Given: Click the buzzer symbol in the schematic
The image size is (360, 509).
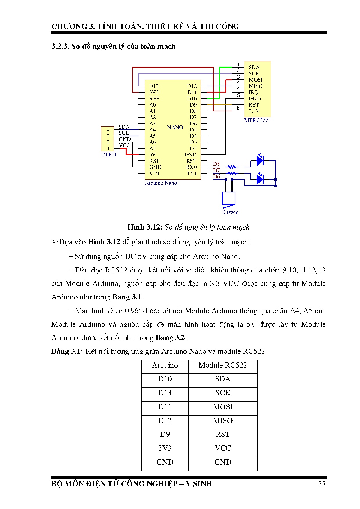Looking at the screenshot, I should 228,199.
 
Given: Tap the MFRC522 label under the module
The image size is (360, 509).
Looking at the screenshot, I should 256,120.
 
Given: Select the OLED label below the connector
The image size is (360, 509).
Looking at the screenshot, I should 109,155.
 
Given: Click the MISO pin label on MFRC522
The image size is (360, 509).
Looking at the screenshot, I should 255,86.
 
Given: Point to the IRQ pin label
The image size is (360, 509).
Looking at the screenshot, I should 253,92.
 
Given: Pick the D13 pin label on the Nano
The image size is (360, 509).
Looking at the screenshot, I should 154,86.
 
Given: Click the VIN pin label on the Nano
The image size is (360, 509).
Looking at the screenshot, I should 154,174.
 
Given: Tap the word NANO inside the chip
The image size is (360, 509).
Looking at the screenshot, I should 175,127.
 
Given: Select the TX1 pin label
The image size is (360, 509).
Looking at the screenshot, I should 192,174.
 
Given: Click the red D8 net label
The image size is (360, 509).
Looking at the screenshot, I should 217,164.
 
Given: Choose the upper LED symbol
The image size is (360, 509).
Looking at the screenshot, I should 260,160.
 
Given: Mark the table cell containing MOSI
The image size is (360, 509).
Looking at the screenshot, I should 223,407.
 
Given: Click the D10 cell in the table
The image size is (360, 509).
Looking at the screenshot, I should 165,379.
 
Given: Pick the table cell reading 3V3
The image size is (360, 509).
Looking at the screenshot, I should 165,448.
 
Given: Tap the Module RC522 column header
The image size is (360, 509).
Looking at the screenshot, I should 223,365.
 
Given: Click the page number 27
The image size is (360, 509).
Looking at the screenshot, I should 322,484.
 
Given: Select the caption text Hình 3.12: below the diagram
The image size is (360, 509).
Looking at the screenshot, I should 145,227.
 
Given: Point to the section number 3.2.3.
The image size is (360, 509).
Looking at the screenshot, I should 60,46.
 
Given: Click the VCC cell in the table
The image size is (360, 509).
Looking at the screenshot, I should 223,448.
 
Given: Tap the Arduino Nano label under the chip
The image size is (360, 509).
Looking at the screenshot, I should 161,183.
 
